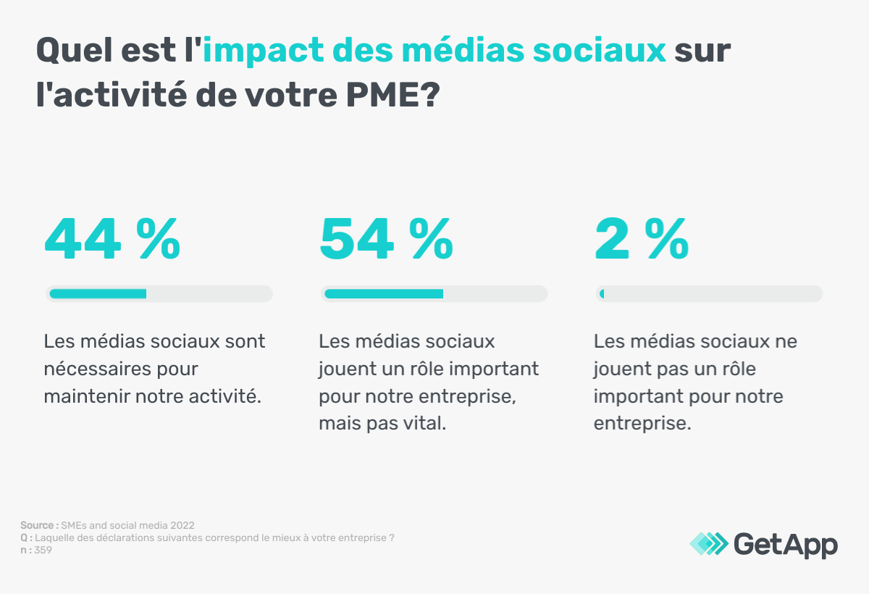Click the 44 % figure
112,239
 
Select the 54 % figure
387,239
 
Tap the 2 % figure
641,239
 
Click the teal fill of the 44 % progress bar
98,293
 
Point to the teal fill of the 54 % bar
384,293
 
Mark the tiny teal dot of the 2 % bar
602,293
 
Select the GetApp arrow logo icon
708,543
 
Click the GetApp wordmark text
786,544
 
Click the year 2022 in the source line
183,525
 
